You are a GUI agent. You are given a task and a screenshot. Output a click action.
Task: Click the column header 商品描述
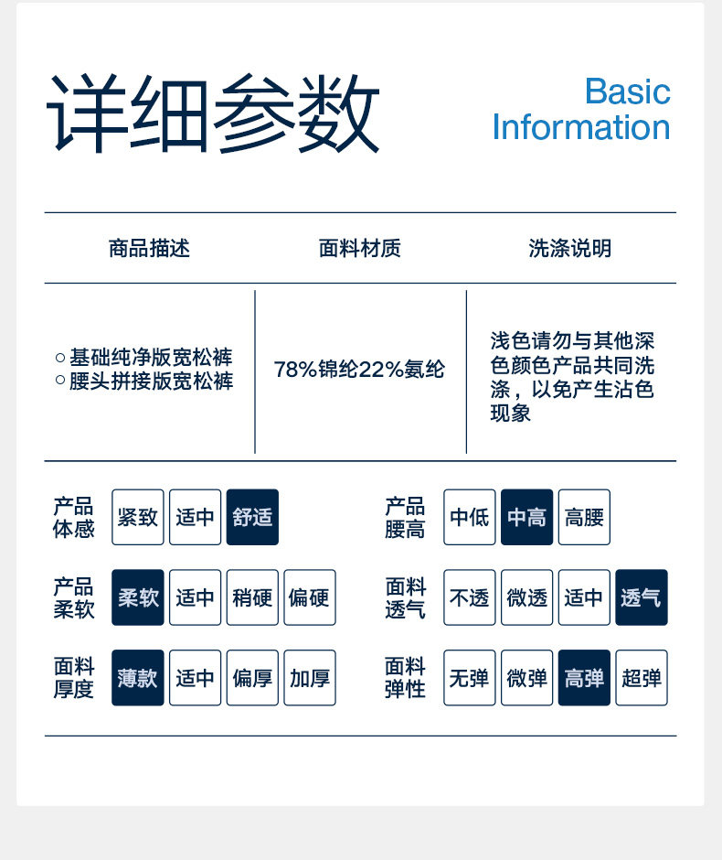click(149, 248)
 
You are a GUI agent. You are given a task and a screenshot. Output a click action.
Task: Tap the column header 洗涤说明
click(569, 248)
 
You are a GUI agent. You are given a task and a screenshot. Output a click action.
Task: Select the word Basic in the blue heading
click(627, 91)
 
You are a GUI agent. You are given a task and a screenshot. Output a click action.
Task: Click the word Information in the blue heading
click(581, 127)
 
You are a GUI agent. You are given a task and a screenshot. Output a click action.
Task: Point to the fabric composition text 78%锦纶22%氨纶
click(359, 370)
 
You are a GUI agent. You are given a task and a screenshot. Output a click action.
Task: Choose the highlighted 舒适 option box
click(252, 517)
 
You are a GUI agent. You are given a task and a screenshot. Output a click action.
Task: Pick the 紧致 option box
click(138, 517)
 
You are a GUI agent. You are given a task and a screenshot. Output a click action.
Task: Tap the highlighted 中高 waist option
click(526, 517)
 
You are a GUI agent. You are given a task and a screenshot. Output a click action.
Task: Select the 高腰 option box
click(584, 517)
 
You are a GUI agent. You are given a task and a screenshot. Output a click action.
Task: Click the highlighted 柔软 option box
click(138, 597)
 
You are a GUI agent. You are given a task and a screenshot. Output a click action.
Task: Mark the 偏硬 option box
click(310, 597)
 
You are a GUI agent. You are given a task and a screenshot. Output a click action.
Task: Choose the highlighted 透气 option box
click(642, 597)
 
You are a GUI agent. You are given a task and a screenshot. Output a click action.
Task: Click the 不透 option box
click(470, 597)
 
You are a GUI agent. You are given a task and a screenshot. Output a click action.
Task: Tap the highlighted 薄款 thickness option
click(138, 678)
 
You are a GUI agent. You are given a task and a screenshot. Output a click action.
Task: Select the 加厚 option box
click(310, 678)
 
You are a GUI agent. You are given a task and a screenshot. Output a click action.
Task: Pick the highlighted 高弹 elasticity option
click(584, 678)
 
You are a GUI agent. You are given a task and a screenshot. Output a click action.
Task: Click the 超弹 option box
click(642, 678)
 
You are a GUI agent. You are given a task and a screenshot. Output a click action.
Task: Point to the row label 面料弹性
click(405, 678)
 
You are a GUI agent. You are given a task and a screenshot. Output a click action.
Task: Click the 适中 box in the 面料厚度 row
click(195, 678)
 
